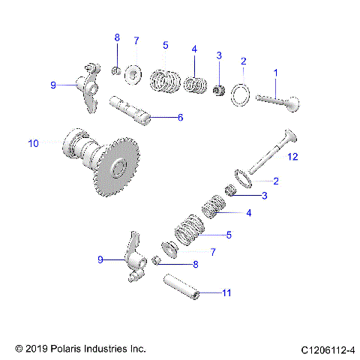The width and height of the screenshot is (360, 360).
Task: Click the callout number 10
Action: pos(32,142)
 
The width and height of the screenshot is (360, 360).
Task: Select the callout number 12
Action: pos(292,156)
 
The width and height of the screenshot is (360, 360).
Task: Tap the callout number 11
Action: pos(226,292)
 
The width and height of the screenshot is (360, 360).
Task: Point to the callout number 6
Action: pos(180,117)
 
